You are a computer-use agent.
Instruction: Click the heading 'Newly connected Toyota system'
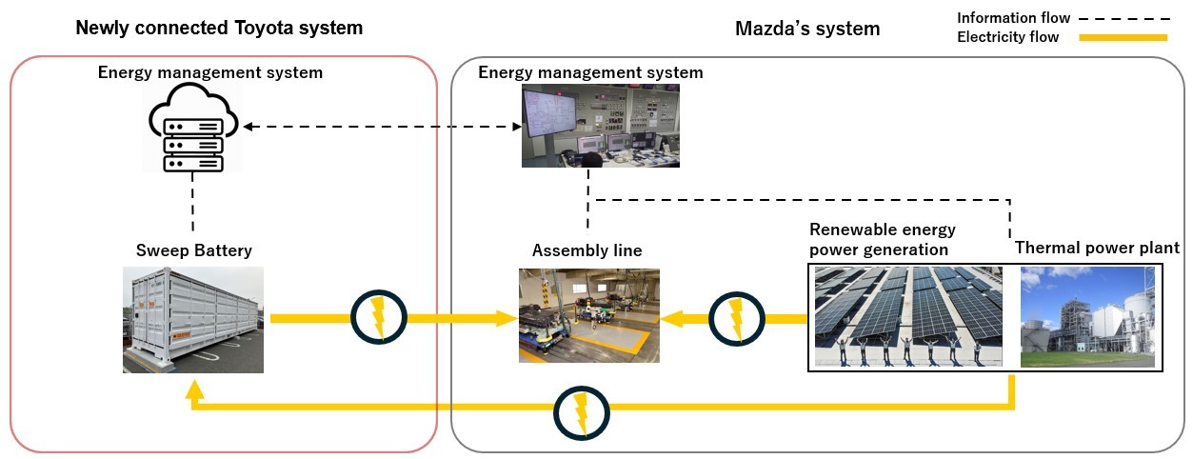[219, 28]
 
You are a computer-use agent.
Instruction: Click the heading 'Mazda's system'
[807, 29]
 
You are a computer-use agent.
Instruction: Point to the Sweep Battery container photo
[193, 320]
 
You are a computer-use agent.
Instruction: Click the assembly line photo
[588, 316]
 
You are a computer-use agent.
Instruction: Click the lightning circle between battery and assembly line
[379, 317]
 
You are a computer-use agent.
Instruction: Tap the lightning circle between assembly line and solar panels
[735, 317]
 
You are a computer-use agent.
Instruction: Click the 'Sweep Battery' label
[193, 250]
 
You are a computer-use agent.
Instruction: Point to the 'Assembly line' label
[587, 250]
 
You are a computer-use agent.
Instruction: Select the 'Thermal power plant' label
[1097, 248]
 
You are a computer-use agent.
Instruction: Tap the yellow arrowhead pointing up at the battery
[194, 389]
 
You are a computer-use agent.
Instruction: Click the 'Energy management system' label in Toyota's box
[210, 72]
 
